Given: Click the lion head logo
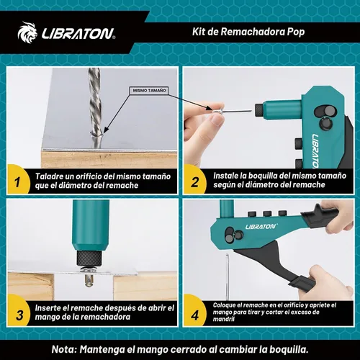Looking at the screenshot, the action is click(x=27, y=32).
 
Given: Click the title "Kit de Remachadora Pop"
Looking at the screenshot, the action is click(x=248, y=32).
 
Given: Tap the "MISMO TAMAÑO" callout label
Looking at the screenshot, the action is click(x=149, y=91).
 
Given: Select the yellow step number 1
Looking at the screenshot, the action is click(x=17, y=182).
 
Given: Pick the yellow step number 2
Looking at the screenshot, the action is click(x=195, y=182).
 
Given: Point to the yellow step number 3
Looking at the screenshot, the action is click(x=19, y=315).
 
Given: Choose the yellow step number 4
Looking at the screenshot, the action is click(x=195, y=315).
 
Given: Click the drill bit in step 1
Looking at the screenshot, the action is click(x=95, y=107).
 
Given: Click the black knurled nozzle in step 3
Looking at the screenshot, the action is click(x=89, y=258).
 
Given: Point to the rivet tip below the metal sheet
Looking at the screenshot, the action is click(x=89, y=281).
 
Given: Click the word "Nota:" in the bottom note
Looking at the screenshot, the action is click(x=64, y=349).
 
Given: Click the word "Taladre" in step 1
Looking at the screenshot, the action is click(x=49, y=176).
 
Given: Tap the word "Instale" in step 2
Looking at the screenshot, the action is click(x=225, y=176).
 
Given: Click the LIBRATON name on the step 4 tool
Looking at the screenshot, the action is click(x=261, y=226).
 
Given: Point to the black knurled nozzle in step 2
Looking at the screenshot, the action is click(x=258, y=110).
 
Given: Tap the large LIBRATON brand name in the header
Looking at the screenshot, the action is click(x=78, y=34).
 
